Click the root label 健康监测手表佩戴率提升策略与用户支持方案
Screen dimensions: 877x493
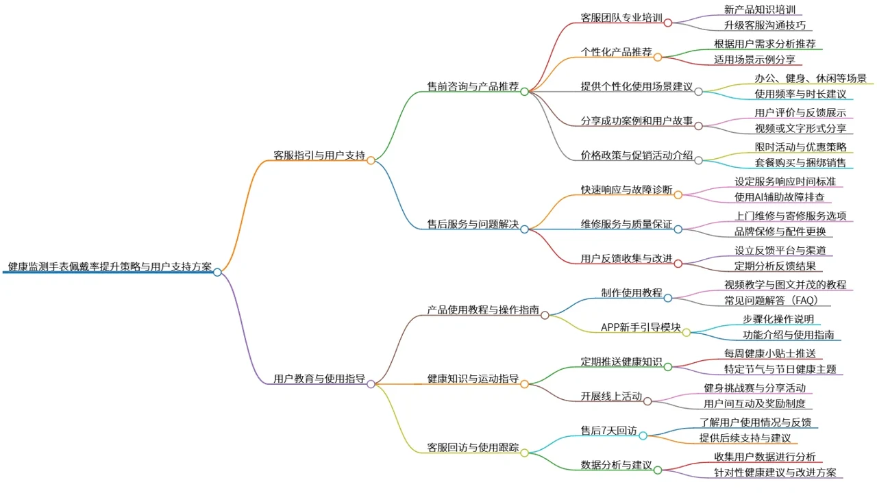pyautogui.click(x=110, y=267)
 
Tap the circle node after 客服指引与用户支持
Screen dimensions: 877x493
pyautogui.click(x=371, y=160)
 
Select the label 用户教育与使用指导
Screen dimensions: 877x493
pyautogui.click(x=319, y=379)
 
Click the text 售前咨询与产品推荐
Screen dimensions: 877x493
pyautogui.click(x=473, y=86)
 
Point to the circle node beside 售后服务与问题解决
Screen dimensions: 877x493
pyautogui.click(x=524, y=229)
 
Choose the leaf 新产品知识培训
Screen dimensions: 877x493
pyautogui.click(x=760, y=10)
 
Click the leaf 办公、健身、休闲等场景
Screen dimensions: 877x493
pyautogui.click(x=811, y=78)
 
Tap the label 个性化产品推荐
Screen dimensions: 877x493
pyautogui.click(x=616, y=51)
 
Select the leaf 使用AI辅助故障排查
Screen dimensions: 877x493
pyautogui.click(x=779, y=197)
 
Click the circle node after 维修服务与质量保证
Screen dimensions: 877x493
pyautogui.click(x=678, y=229)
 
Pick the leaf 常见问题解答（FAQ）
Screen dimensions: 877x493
pyautogui.click(x=771, y=301)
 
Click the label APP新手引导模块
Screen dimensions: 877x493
pyautogui.click(x=641, y=327)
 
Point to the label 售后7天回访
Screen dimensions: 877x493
pyautogui.click(x=608, y=431)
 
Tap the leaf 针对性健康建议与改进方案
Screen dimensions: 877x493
pyautogui.click(x=775, y=472)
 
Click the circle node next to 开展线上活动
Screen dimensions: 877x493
pyautogui.click(x=647, y=401)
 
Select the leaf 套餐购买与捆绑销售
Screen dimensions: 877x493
pyautogui.click(x=800, y=163)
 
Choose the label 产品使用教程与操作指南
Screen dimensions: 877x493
pyautogui.click(x=483, y=310)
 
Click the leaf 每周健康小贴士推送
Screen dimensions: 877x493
pyautogui.click(x=769, y=354)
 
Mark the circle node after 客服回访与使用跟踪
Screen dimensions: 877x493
pyautogui.click(x=524, y=453)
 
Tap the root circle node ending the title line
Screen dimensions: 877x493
pyautogui.click(x=217, y=273)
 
